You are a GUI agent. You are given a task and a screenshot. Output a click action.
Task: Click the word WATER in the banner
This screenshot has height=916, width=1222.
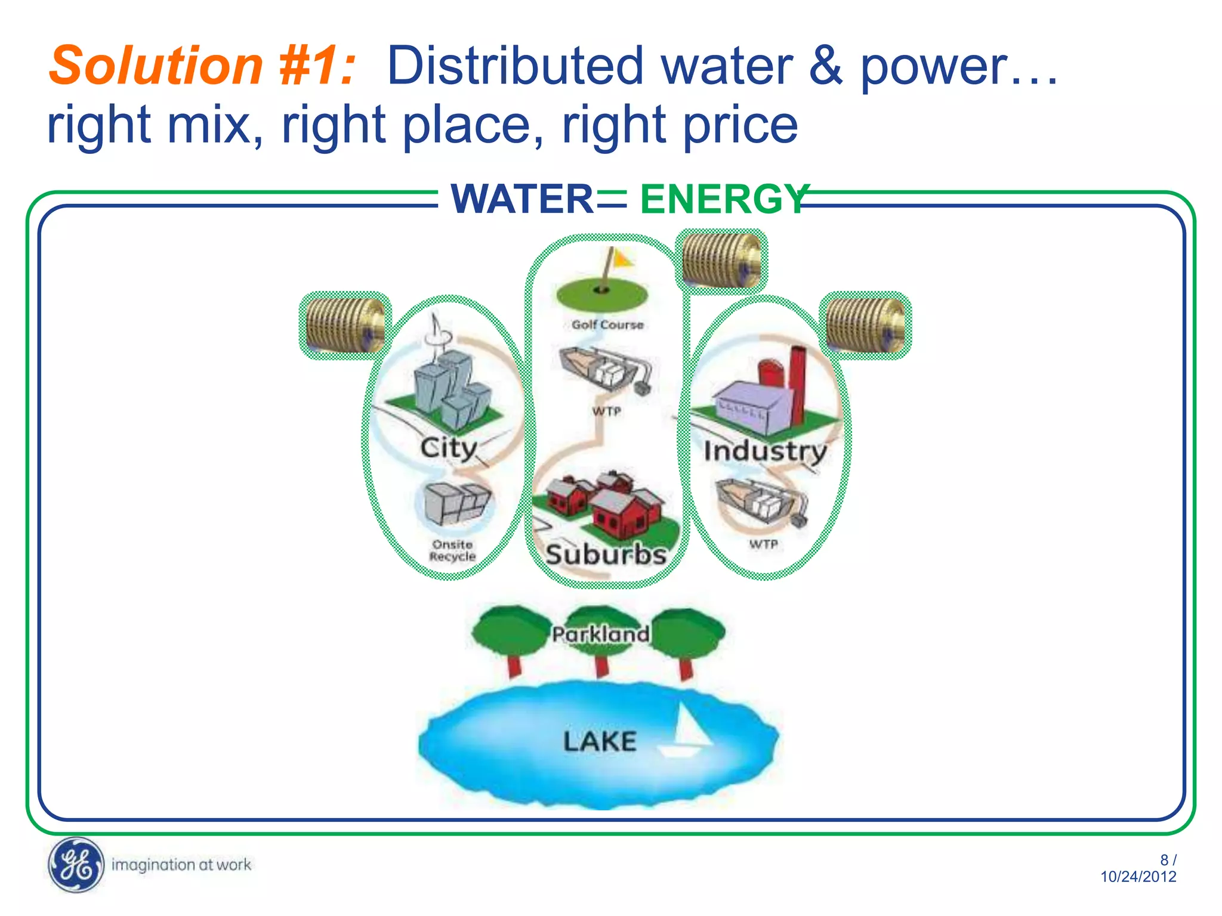(x=521, y=199)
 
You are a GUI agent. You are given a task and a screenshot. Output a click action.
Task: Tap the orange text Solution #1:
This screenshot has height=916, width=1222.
(x=202, y=66)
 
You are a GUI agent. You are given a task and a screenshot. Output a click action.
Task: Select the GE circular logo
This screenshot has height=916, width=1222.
(x=75, y=864)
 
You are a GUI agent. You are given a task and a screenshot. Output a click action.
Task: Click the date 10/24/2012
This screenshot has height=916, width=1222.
(x=1138, y=877)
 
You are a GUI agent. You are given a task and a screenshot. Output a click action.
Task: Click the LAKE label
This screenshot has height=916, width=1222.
(x=600, y=742)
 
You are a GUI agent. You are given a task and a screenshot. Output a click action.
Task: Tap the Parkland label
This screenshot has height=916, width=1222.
(x=600, y=634)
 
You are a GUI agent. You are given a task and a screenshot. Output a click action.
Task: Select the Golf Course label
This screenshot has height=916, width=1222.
(x=607, y=325)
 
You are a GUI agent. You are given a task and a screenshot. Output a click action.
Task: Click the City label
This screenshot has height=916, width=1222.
(x=448, y=448)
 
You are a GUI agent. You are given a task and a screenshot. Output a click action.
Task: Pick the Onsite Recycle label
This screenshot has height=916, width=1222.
(x=452, y=550)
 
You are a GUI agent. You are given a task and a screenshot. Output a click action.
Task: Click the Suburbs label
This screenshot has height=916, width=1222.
(x=606, y=555)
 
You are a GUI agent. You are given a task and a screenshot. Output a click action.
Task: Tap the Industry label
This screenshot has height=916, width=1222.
(x=765, y=451)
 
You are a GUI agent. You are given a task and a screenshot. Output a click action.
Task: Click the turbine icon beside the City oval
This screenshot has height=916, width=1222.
(x=345, y=326)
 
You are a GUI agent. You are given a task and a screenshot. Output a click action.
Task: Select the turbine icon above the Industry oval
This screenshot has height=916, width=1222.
(x=865, y=326)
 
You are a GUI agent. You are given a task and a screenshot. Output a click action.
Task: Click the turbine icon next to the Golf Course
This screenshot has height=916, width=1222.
(x=721, y=261)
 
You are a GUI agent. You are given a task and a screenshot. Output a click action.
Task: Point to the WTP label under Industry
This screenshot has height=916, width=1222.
(x=763, y=544)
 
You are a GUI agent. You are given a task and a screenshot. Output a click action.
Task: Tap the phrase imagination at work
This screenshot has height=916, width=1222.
(x=181, y=865)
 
